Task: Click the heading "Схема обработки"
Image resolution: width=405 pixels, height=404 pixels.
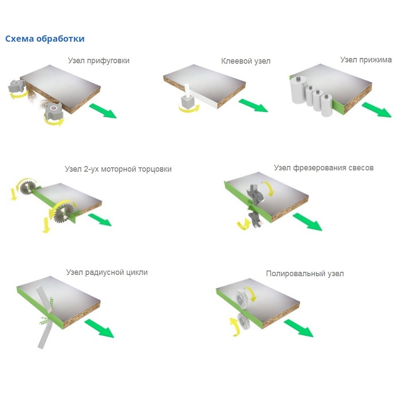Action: click(x=45, y=39)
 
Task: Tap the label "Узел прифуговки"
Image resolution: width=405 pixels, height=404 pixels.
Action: click(x=99, y=61)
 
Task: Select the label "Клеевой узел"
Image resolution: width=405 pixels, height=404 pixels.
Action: click(x=246, y=61)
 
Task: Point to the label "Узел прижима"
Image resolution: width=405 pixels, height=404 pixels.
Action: click(x=366, y=60)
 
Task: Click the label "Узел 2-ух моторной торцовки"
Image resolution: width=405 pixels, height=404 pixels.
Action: click(x=118, y=169)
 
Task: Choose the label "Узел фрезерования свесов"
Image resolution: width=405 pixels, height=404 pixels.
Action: click(x=324, y=168)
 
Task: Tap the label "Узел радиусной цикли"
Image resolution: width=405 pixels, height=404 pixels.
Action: click(x=107, y=272)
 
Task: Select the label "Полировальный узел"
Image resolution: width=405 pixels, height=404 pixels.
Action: click(x=305, y=274)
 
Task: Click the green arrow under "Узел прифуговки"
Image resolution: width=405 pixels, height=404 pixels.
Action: click(x=103, y=111)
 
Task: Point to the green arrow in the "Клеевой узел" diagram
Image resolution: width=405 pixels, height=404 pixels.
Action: click(x=253, y=105)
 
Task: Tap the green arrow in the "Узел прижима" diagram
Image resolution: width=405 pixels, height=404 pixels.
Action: click(x=377, y=109)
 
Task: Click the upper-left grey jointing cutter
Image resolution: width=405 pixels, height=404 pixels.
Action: click(x=17, y=86)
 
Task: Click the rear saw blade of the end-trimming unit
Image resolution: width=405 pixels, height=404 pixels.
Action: click(x=27, y=188)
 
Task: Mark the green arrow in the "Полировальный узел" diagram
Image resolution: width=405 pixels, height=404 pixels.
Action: click(x=299, y=328)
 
